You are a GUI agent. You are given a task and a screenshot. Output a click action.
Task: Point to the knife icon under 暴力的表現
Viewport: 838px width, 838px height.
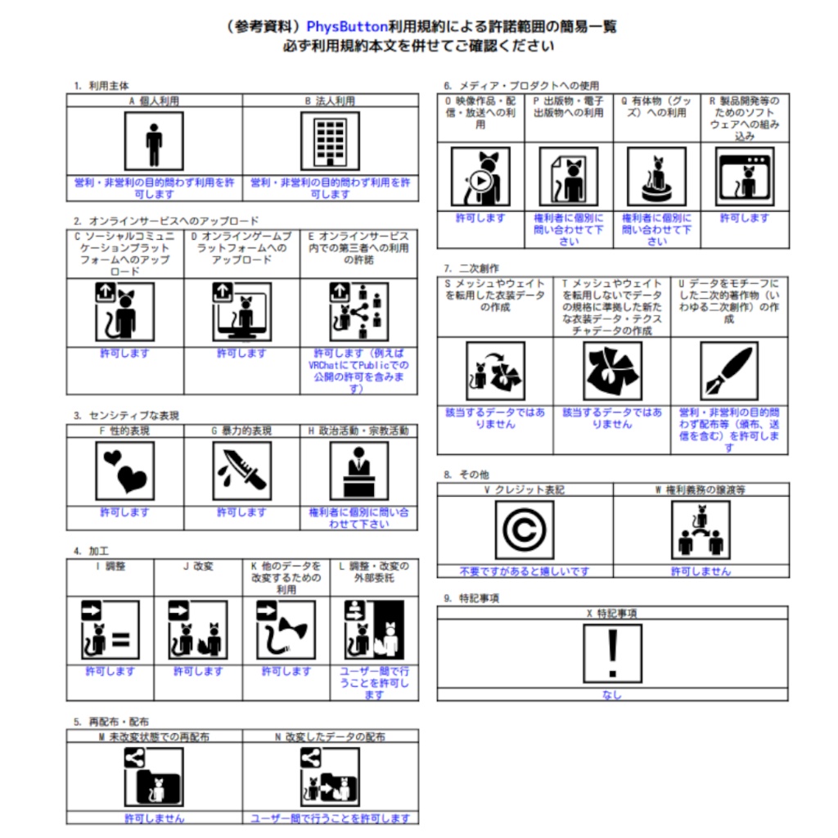[241, 471]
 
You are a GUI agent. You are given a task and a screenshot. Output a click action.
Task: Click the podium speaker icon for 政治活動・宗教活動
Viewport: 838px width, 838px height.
[358, 471]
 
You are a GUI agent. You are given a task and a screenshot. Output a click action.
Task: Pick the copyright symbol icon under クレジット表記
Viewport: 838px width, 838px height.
[524, 529]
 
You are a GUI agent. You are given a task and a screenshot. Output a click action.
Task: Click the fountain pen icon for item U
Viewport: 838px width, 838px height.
[730, 371]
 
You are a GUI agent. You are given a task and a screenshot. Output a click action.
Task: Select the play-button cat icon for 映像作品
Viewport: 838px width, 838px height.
[480, 177]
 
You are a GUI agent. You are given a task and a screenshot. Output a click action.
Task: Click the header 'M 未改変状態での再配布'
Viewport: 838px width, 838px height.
[154, 737]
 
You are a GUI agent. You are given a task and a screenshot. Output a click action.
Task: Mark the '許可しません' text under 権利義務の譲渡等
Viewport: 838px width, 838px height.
[701, 571]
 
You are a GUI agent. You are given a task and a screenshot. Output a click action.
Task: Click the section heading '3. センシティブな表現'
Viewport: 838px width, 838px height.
[125, 415]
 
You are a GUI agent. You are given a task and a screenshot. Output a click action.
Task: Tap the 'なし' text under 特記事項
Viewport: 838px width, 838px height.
[612, 695]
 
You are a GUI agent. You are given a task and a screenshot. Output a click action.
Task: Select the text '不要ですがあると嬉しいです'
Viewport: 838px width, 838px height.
[524, 571]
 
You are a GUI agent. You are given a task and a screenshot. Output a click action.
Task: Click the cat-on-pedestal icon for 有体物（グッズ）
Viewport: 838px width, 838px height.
[656, 177]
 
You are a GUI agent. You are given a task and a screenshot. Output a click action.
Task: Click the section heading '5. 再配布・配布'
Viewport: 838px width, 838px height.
[111, 722]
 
